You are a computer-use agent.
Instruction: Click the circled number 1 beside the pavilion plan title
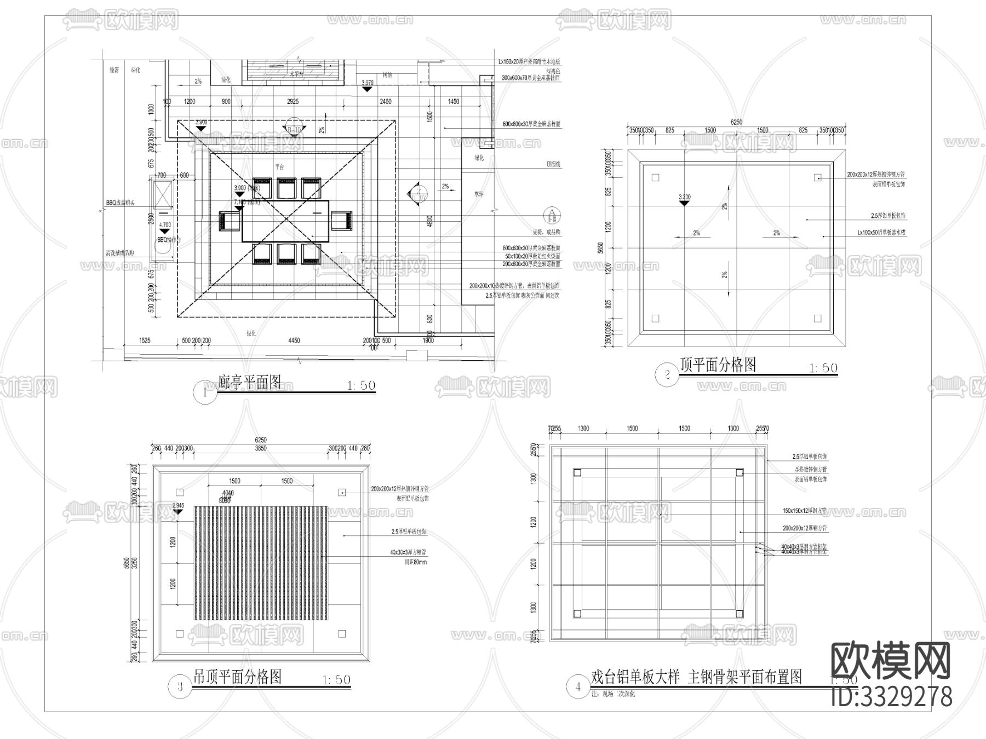(205, 392)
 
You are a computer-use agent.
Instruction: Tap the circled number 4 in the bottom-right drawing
(578, 686)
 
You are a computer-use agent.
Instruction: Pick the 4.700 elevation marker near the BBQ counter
(164, 228)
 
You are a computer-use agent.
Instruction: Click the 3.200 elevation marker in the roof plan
(684, 199)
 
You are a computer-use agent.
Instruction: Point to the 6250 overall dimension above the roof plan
(736, 122)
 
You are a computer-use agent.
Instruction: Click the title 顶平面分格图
(718, 365)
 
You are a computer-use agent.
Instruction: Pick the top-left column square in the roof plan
(656, 177)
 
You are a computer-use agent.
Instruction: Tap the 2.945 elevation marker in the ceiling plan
(178, 507)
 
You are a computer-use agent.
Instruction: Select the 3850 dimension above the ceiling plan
(261, 448)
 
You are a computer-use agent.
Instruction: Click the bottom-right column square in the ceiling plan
(342, 634)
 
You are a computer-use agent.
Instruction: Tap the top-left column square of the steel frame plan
(577, 473)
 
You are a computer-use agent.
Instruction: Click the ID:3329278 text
(892, 696)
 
